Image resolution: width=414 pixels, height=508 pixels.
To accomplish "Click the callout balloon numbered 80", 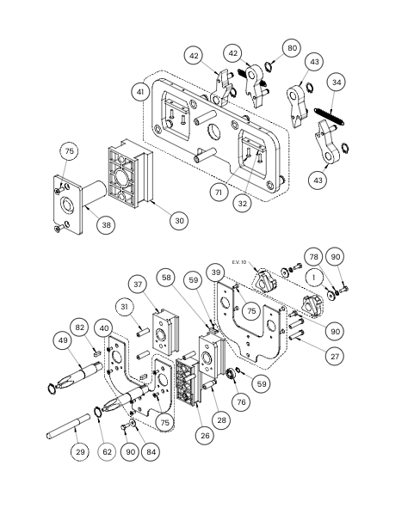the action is [292, 48].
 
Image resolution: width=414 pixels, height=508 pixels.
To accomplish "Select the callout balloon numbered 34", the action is [337, 83].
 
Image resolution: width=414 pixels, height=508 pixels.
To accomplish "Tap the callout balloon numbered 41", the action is [140, 92].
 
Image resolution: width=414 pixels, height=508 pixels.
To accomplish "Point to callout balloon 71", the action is [219, 193].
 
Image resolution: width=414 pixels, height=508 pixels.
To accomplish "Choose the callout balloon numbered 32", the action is [243, 204].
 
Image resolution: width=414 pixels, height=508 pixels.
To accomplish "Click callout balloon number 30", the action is [179, 221].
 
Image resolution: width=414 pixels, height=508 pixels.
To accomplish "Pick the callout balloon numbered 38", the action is [107, 225].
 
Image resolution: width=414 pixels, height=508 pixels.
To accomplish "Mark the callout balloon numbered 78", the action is [314, 257].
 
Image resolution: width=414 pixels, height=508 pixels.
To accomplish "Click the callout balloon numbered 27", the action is [335, 357].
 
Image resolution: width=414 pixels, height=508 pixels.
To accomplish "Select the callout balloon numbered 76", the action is [241, 402].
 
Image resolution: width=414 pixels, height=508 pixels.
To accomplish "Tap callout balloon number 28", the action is [221, 420].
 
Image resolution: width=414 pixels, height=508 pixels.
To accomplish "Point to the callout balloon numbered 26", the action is [205, 436].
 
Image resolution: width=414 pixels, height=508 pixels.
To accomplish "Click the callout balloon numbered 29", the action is [80, 452].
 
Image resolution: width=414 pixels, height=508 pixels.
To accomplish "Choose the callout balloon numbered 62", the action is [107, 452].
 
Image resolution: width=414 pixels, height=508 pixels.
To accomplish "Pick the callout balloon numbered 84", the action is [151, 452].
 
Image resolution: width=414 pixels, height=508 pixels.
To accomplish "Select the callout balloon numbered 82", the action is [80, 327].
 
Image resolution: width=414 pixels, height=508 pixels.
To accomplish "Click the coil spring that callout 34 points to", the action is [329, 116].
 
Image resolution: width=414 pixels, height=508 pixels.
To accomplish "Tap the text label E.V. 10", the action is [239, 262].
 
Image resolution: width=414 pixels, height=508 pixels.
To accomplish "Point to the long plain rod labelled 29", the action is [68, 425].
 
